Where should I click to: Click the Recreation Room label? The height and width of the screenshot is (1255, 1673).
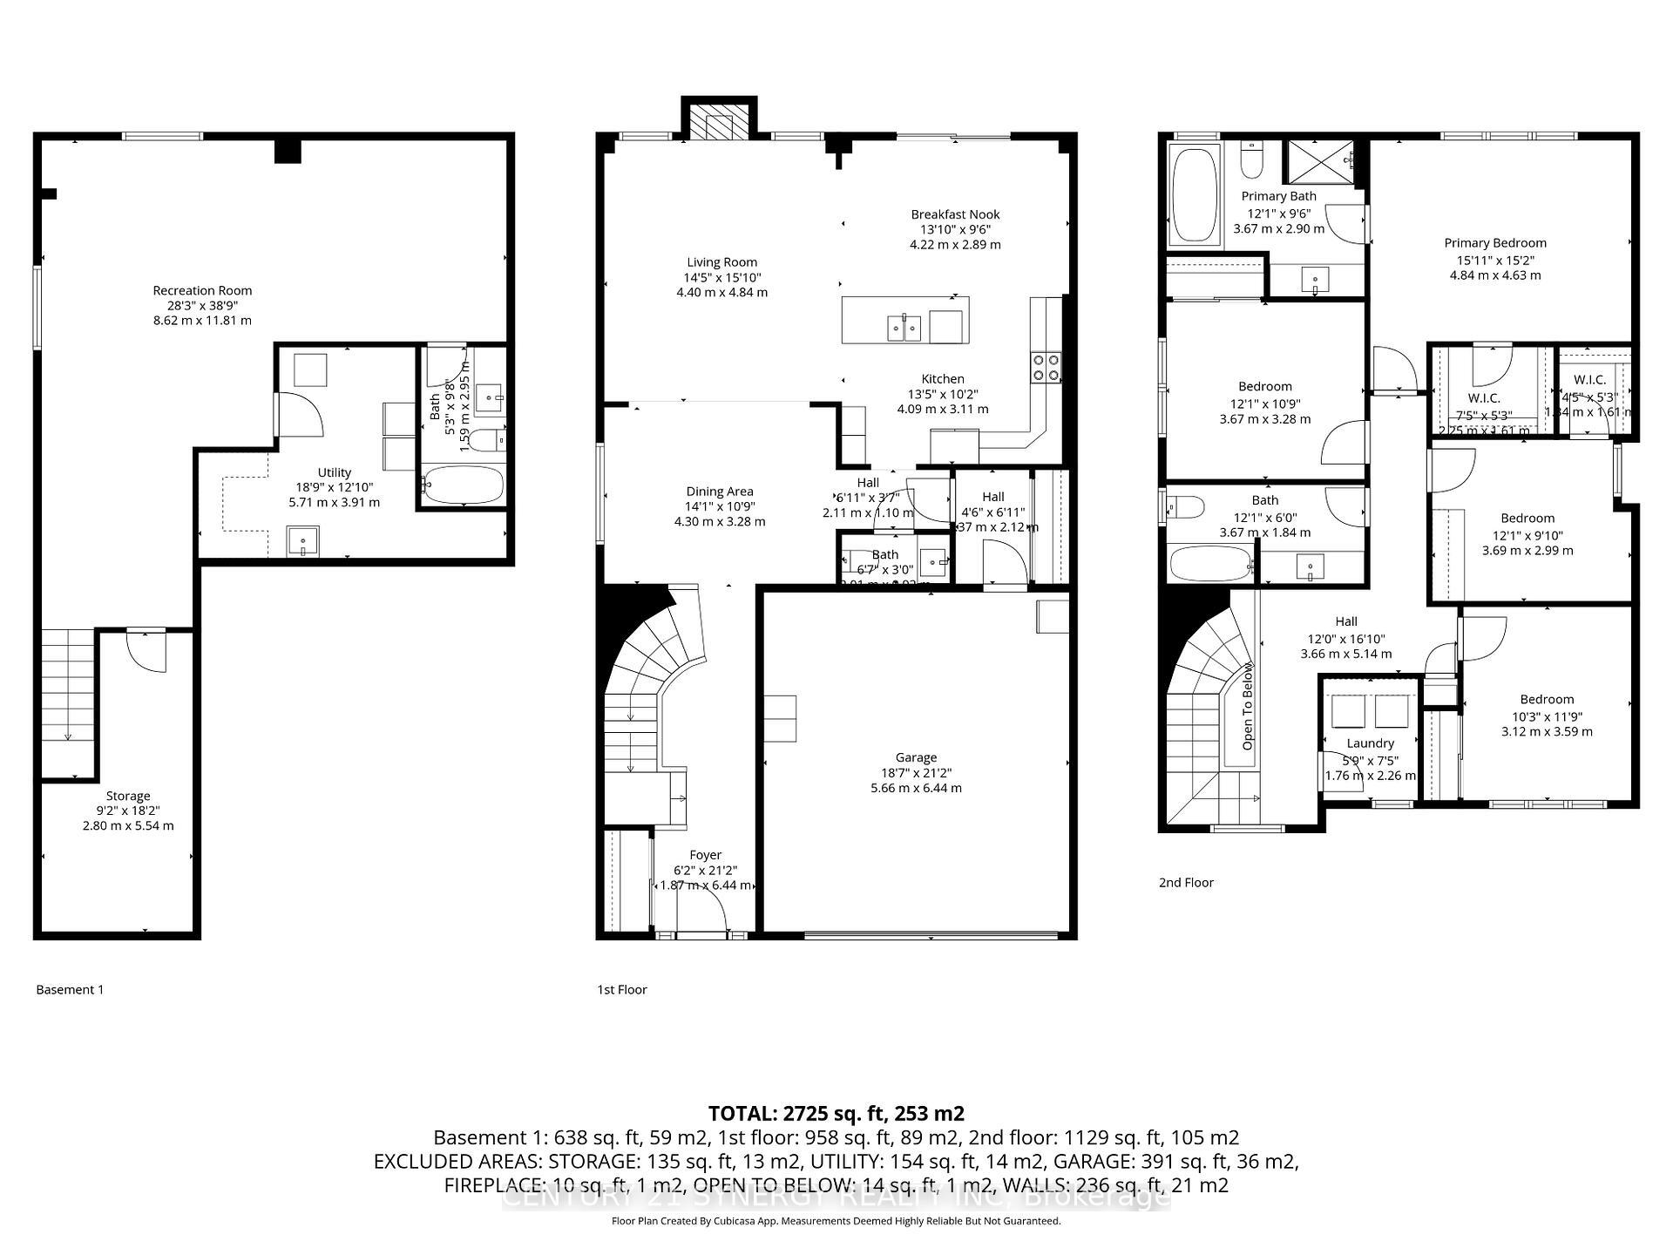click(x=202, y=291)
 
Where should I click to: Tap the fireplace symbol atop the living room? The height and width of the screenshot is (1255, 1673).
click(x=718, y=126)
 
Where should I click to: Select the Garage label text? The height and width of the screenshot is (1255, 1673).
click(x=916, y=758)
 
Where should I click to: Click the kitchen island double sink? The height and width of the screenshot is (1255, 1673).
click(x=904, y=328)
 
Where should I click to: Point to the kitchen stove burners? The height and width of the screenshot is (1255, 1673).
click(x=1046, y=366)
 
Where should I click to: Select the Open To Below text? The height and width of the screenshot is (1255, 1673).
click(x=1247, y=706)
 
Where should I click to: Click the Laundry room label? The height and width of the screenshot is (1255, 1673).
click(x=1370, y=743)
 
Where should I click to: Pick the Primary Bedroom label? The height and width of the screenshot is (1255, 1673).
click(x=1495, y=243)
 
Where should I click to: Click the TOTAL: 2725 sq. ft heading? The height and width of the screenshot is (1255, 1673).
click(x=836, y=1113)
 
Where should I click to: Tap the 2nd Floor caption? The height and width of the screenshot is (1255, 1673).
click(x=1186, y=882)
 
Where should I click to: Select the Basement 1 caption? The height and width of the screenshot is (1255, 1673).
click(x=70, y=989)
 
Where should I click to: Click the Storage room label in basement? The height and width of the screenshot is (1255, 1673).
click(x=128, y=796)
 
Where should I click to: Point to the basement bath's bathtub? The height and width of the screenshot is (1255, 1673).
click(x=463, y=485)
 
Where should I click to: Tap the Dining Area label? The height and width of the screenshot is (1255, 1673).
click(x=719, y=492)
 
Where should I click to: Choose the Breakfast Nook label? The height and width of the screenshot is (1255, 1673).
click(x=955, y=214)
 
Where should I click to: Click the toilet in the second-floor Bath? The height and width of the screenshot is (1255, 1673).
click(x=1186, y=506)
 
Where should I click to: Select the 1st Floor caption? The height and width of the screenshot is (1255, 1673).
click(x=621, y=989)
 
